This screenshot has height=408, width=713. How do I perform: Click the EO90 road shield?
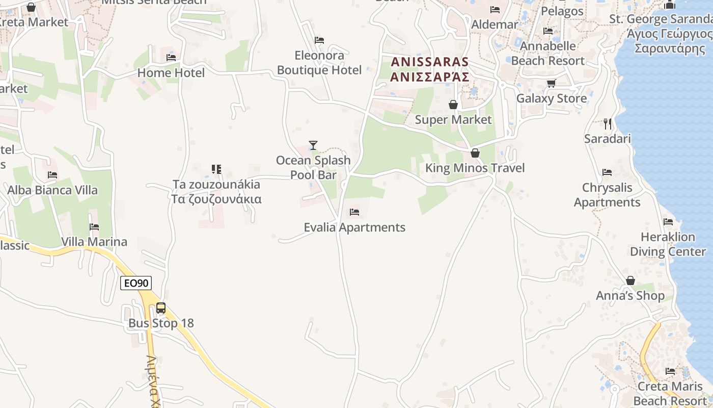click(136, 283)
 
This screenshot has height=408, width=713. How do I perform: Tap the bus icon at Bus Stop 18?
click(161, 308)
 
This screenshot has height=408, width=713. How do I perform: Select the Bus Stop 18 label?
click(161, 323)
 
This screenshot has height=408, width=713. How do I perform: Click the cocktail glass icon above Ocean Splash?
click(313, 145)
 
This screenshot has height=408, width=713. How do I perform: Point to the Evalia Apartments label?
click(354, 227)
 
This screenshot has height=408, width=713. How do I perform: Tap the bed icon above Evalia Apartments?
click(354, 212)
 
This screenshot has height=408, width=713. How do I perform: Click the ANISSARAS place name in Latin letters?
click(430, 62)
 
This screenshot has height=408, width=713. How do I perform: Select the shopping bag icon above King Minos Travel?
click(475, 153)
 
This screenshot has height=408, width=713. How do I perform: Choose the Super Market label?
click(453, 120)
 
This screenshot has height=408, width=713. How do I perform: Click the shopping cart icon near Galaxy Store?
click(551, 83)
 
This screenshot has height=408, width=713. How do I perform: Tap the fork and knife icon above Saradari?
click(607, 123)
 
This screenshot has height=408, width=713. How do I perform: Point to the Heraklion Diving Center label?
click(668, 244)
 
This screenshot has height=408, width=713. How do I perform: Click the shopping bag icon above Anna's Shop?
click(630, 280)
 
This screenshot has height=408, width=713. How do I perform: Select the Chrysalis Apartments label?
click(607, 195)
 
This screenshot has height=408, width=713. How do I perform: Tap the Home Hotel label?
click(171, 73)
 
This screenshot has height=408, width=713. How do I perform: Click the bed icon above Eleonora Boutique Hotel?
click(319, 40)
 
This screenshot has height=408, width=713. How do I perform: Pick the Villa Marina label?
click(94, 242)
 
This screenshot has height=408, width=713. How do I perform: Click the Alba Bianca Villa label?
click(52, 190)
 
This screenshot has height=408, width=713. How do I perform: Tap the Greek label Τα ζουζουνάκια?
click(216, 199)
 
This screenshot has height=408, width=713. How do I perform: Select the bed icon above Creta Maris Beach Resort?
click(670, 371)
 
